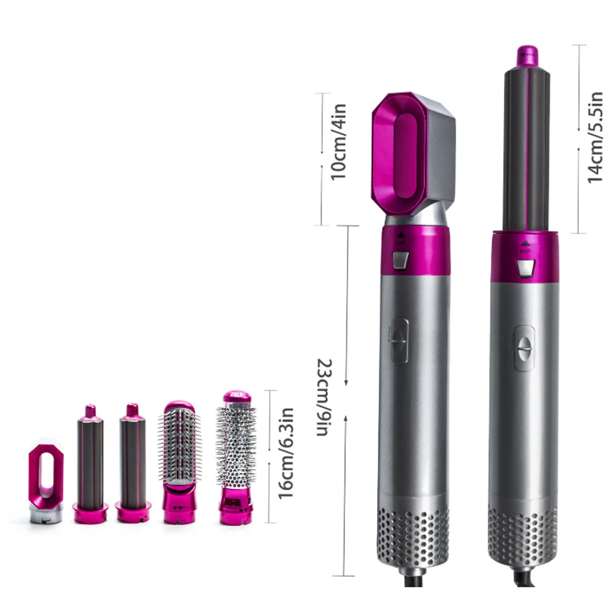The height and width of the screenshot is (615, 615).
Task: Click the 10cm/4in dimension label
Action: pos(338,142)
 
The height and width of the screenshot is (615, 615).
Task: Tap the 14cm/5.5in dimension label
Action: pos(595,137)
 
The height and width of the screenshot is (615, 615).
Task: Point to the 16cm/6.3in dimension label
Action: pos(286,453)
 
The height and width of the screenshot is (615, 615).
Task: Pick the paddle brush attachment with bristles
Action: pos(180,462)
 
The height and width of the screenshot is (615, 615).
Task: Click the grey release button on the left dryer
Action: pos(400,261)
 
